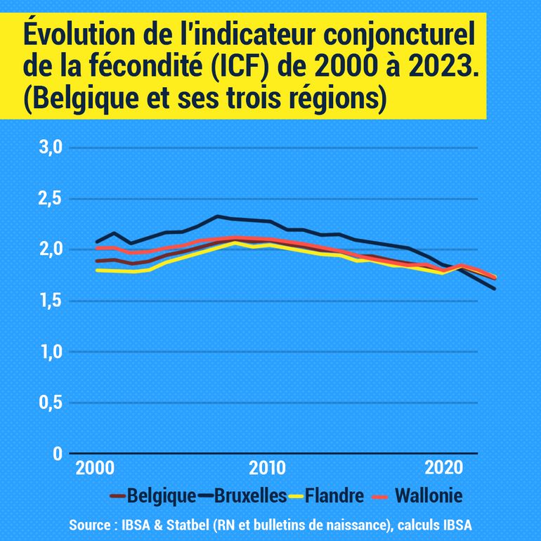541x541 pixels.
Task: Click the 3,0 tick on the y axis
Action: click(x=49, y=148)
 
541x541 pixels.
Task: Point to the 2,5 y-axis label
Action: click(x=49, y=199)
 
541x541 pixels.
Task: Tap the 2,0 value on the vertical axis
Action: click(x=49, y=249)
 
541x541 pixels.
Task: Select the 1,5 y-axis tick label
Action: click(x=49, y=301)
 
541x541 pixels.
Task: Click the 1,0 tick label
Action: click(x=49, y=351)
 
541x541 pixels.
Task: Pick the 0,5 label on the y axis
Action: click(x=49, y=403)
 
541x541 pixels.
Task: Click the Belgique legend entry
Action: click(x=162, y=496)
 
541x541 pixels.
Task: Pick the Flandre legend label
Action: click(x=337, y=496)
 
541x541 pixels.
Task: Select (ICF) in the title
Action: click(x=247, y=67)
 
